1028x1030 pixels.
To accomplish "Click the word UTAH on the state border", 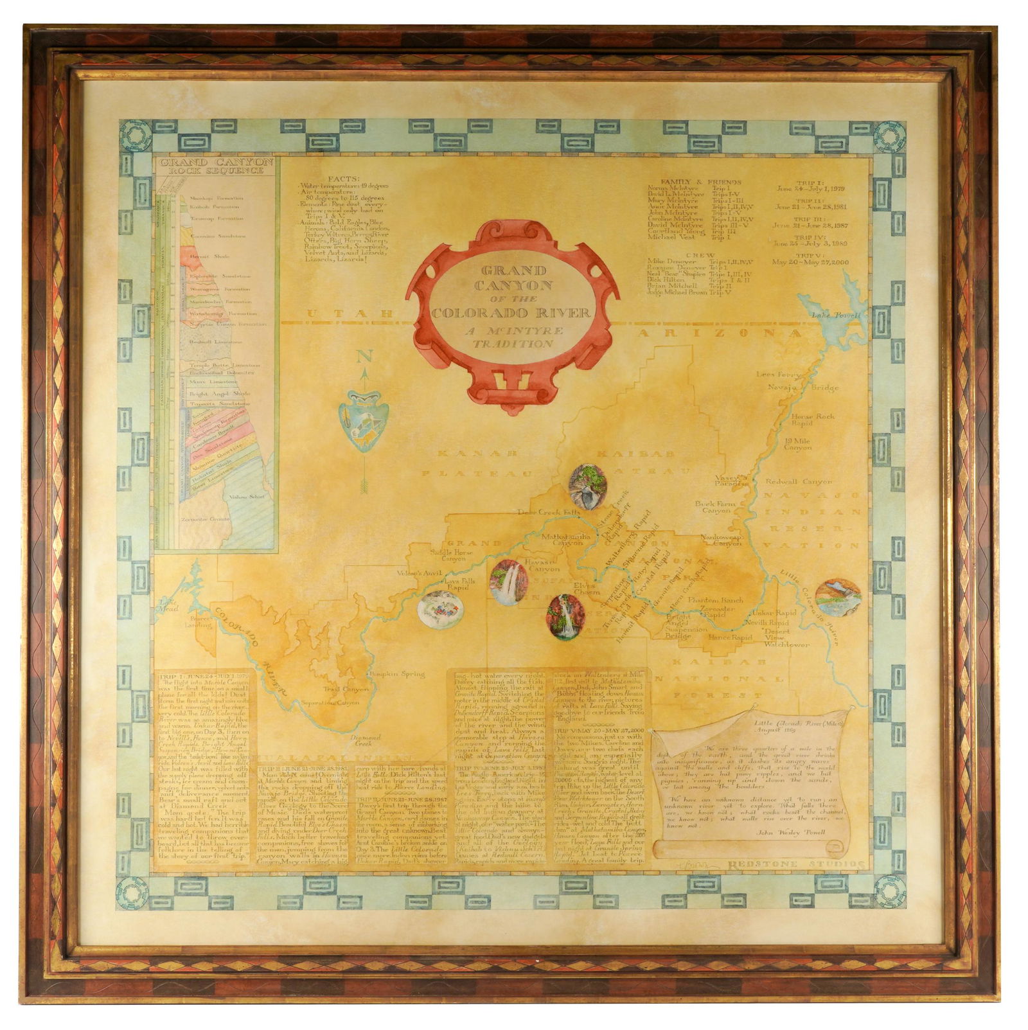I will point(350,314).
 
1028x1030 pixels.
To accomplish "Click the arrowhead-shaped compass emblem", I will point(364,420).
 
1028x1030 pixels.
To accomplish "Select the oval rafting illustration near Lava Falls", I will point(440,609).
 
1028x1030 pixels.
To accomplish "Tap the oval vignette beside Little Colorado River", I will point(838,598).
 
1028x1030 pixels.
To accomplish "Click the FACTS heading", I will point(344,179).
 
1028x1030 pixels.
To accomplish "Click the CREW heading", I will point(700,255).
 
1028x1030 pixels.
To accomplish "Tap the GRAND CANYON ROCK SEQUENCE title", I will point(217,166).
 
